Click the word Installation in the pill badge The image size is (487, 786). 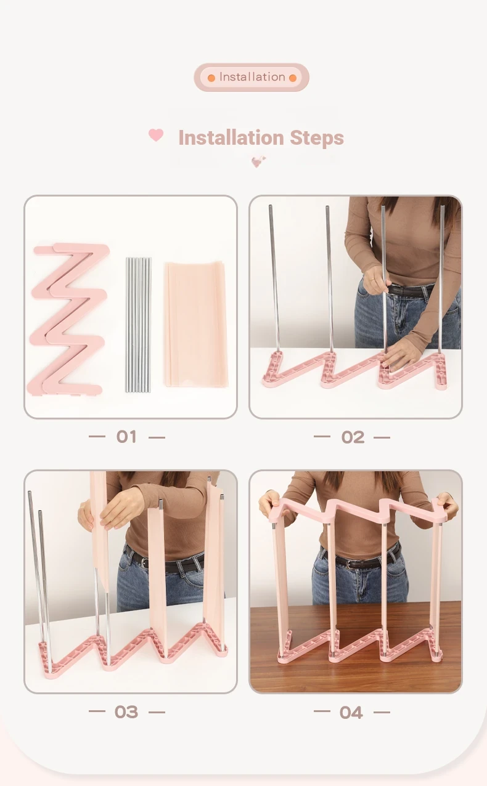(252, 77)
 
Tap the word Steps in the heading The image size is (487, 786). (316, 138)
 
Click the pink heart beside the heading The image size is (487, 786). (156, 135)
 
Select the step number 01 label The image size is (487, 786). (126, 437)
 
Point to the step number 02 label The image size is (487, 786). (352, 437)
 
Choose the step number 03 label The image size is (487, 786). (126, 712)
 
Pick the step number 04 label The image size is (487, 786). (351, 712)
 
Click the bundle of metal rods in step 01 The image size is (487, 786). (138, 325)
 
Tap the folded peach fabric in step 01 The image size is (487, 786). (196, 325)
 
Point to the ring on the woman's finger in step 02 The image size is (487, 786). (371, 279)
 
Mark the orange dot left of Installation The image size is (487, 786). (211, 78)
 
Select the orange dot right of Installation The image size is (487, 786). (292, 78)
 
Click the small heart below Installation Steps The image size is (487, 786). (258, 162)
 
